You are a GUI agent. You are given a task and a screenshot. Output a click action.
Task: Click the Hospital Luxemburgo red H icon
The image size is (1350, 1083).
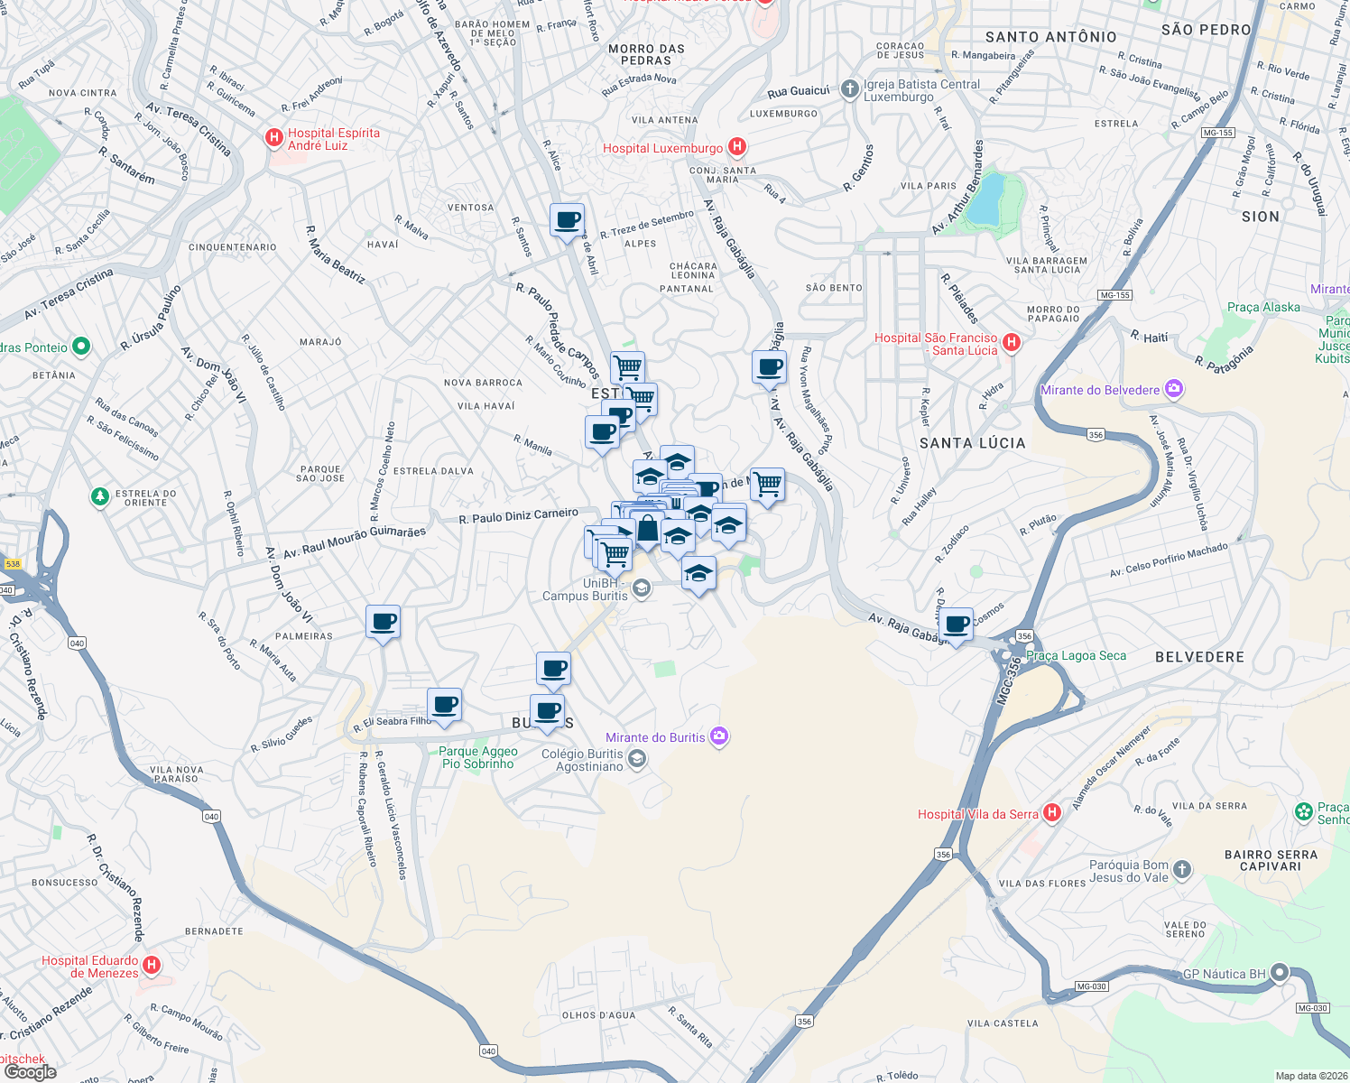[x=737, y=147]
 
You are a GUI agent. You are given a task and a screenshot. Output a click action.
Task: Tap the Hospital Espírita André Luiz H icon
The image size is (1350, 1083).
[x=273, y=138]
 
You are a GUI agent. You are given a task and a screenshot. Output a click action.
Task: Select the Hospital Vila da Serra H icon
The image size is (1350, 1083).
[x=1051, y=813]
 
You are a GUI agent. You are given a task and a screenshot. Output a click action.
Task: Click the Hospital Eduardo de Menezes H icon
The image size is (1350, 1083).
[x=152, y=965]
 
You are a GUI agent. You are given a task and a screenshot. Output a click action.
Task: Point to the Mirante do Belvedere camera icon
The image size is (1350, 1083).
[x=1174, y=389]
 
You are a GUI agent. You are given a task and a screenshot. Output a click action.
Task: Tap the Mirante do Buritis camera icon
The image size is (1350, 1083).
[x=718, y=736]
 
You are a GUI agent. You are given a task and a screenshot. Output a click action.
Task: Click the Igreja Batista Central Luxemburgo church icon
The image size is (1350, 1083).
[x=849, y=88]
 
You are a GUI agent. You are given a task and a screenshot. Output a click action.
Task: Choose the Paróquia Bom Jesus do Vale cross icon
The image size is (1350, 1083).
[x=1182, y=870]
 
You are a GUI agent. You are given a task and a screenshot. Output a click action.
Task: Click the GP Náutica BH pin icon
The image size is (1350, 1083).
[x=1280, y=973]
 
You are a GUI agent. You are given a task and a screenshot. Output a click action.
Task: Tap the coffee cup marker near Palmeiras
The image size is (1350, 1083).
[x=383, y=622]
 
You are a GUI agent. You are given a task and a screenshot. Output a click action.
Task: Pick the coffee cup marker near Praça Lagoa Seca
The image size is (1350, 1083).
[x=957, y=624]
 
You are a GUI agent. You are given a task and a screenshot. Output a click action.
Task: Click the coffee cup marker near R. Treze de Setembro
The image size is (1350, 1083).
[x=567, y=220]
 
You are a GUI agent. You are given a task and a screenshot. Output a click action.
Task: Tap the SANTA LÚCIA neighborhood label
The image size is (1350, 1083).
[x=972, y=443]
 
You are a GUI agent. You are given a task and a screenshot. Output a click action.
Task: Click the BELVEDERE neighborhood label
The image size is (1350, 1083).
[x=1199, y=657]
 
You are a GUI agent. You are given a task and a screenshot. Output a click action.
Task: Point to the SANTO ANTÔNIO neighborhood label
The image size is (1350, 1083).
[x=1050, y=37]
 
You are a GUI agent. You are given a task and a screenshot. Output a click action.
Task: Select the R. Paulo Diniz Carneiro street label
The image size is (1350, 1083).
[x=518, y=516]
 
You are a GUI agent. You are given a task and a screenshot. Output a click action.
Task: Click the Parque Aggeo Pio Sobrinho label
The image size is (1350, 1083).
[x=478, y=757]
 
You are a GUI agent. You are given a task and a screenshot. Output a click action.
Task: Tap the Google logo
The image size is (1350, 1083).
[x=30, y=1072]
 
